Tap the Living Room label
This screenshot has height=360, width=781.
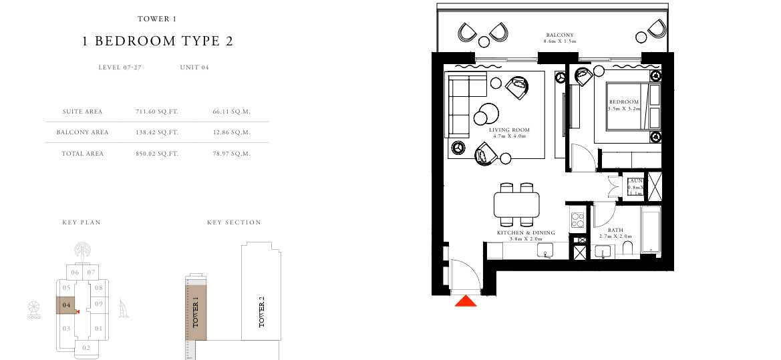pyautogui.click(x=508, y=130)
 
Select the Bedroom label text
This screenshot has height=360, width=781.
pyautogui.click(x=624, y=102)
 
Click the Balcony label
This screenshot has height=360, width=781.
pyautogui.click(x=559, y=35)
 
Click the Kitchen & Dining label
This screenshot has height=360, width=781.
pyautogui.click(x=526, y=232)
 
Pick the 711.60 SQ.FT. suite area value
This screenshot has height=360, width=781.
pyautogui.click(x=156, y=112)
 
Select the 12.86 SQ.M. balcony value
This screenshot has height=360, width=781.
pyautogui.click(x=230, y=132)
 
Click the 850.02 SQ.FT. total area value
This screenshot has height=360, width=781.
pyautogui.click(x=156, y=154)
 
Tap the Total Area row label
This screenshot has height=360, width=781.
pyautogui.click(x=83, y=154)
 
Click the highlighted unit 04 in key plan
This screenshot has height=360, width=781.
pyautogui.click(x=66, y=305)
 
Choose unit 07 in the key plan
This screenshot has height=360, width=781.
pyautogui.click(x=92, y=272)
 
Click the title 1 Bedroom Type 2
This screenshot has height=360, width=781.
pyautogui.click(x=157, y=41)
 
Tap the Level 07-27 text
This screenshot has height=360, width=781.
pyautogui.click(x=120, y=67)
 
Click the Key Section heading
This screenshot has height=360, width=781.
pyautogui.click(x=234, y=222)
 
